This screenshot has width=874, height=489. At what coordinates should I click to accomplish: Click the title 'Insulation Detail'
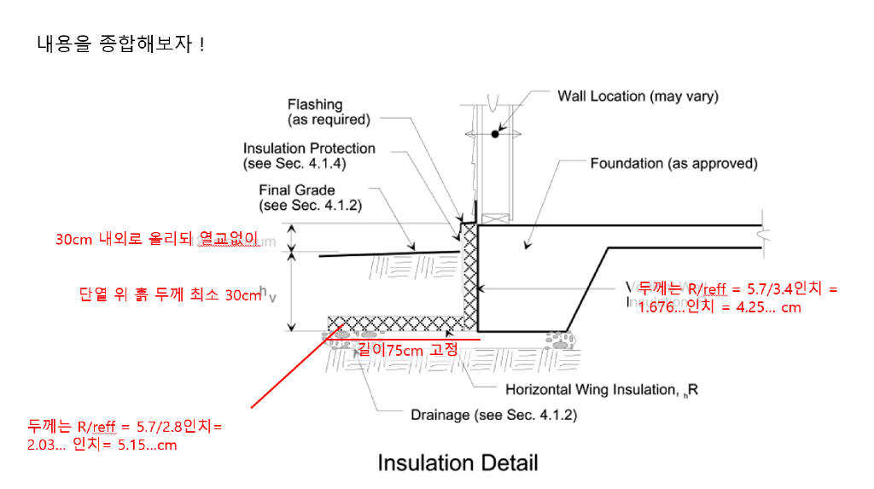[457, 463]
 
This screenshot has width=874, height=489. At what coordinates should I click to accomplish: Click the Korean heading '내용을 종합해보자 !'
[120, 44]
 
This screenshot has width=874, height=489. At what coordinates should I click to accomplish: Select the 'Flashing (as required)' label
[328, 112]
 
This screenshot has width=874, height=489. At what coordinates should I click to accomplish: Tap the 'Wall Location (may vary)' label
[638, 96]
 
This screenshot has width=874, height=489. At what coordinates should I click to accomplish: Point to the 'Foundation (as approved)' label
[673, 163]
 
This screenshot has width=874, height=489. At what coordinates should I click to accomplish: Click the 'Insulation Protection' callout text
[309, 155]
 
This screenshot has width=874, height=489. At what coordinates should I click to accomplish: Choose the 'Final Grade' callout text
[297, 198]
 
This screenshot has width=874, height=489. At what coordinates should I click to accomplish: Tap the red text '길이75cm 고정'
[408, 349]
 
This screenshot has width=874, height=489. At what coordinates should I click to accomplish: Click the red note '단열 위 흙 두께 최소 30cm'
[169, 295]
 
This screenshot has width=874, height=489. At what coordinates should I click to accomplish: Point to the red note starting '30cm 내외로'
[156, 240]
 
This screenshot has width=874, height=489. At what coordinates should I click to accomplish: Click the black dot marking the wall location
[495, 134]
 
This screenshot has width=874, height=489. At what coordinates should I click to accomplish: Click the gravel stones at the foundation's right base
[561, 341]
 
